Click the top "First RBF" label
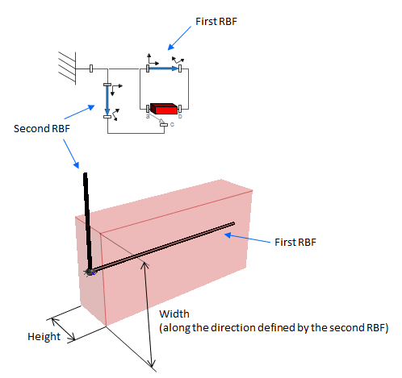click(216, 22)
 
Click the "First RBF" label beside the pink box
click(295, 243)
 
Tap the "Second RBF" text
click(42, 129)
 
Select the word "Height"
click(44, 337)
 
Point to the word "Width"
click(174, 314)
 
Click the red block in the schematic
click(164, 109)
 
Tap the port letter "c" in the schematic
click(172, 124)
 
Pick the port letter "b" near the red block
click(180, 116)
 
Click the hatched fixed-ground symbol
click(67, 69)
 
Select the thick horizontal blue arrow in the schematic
click(164, 69)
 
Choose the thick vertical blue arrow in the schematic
click(107, 100)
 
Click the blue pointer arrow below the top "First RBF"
click(179, 38)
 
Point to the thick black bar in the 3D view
click(88, 222)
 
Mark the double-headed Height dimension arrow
click(63, 329)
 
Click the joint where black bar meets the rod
click(89, 272)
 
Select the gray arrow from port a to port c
click(157, 118)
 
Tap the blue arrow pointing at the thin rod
click(247, 239)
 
